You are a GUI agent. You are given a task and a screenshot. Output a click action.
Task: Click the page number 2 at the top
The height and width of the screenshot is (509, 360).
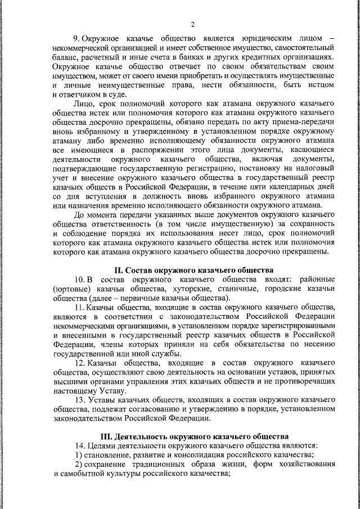tap(192, 24)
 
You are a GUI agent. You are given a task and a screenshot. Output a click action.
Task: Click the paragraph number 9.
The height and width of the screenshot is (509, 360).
tap(77, 38)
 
